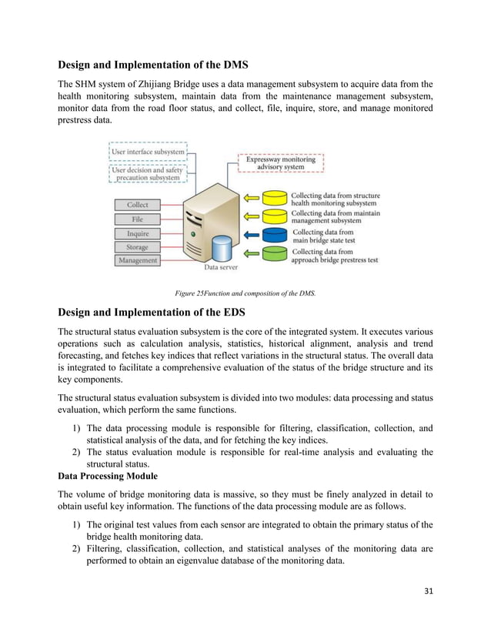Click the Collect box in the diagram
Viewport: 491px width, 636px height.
(x=138, y=205)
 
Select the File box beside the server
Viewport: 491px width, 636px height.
(x=138, y=219)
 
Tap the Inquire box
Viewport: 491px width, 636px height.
(x=138, y=233)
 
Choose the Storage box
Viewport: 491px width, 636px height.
(x=138, y=247)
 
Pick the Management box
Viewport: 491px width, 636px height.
(x=138, y=261)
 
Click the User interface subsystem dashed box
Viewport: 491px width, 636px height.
(x=149, y=152)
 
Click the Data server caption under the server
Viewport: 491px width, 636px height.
(x=221, y=268)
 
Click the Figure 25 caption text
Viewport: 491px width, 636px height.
(x=245, y=293)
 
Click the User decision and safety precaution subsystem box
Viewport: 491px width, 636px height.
(x=149, y=174)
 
